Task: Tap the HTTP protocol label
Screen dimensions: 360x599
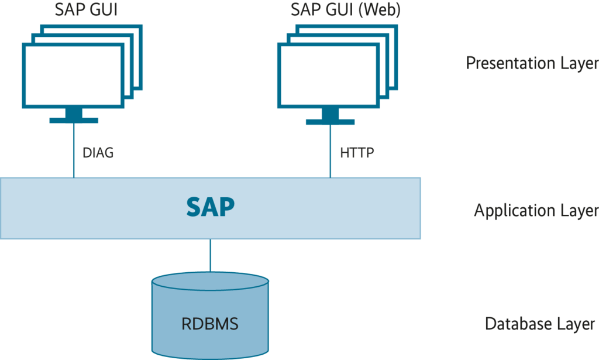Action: click(x=356, y=154)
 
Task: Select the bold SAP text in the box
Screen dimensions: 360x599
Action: click(x=211, y=207)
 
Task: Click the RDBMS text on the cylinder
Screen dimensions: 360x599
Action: click(x=210, y=324)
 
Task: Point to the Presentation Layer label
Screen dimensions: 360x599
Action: click(x=532, y=63)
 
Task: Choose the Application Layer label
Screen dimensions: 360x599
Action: click(x=536, y=210)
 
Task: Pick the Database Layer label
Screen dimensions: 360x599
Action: click(x=539, y=324)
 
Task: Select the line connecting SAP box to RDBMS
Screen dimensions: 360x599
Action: click(x=211, y=256)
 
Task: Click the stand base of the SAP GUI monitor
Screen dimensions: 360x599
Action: click(x=74, y=120)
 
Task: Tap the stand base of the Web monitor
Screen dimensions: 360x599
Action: click(x=330, y=121)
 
